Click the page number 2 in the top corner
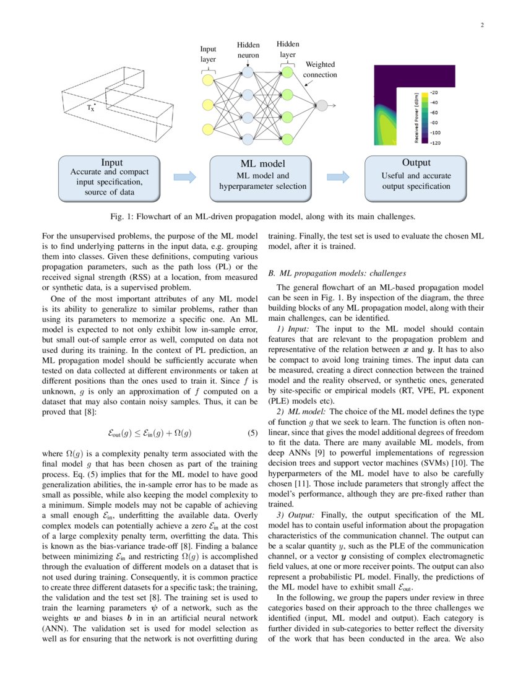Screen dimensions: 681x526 (481, 25)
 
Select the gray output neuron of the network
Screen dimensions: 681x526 (321, 106)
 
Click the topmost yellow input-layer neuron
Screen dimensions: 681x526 (207, 80)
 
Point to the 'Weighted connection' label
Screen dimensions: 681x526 (320, 70)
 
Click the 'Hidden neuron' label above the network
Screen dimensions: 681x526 (248, 50)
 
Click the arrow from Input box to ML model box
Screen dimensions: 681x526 (184, 178)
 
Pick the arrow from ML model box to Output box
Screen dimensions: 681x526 (338, 178)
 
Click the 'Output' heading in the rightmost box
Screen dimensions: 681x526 (416, 163)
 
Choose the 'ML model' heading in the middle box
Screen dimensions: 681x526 (262, 164)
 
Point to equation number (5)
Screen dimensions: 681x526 (251, 432)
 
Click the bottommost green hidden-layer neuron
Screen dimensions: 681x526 (287, 137)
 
